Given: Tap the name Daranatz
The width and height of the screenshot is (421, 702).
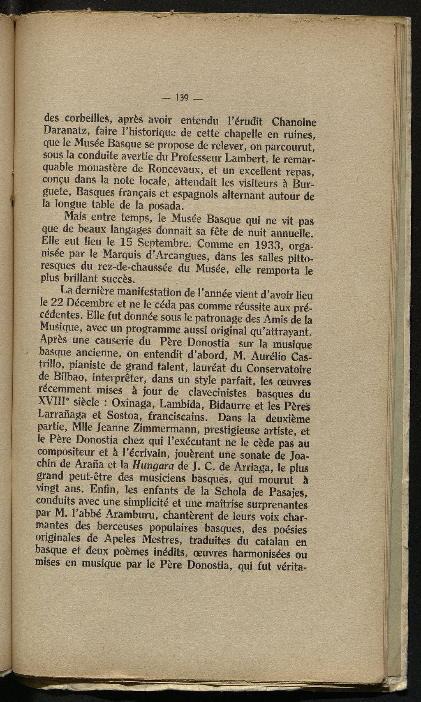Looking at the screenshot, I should point(65,132).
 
